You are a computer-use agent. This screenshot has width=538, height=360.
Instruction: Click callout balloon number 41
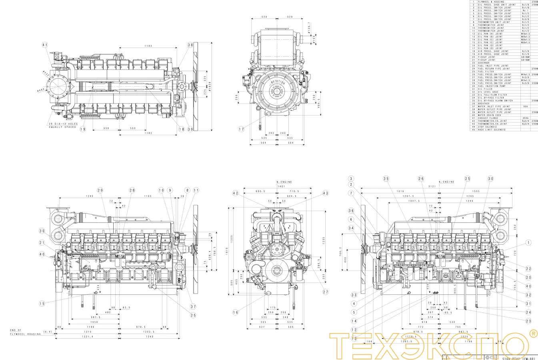[45, 45]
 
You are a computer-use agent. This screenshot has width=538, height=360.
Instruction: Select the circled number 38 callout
[190, 45]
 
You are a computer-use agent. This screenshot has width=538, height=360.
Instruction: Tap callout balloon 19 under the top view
[83, 129]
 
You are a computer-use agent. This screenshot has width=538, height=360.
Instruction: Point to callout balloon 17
[242, 129]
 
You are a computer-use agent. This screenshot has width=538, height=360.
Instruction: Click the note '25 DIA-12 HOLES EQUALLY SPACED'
[63, 126]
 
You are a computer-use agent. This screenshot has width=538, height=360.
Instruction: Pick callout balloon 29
[100, 190]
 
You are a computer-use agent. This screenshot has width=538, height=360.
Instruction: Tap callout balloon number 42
[236, 193]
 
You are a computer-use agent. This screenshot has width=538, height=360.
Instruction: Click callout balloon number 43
[325, 193]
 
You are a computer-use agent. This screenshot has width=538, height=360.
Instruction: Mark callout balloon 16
[236, 312]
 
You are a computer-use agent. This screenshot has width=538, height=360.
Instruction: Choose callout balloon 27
[326, 292]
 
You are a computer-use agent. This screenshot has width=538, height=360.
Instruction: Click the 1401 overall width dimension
[281, 186]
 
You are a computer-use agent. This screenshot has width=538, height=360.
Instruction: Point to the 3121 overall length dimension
[439, 186]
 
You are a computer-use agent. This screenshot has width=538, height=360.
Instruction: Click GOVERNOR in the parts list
[484, 63]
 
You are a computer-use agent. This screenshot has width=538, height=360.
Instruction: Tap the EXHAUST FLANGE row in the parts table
[488, 118]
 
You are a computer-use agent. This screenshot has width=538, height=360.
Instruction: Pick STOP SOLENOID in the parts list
[487, 127]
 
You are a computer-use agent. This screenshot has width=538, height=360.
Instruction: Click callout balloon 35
[386, 179]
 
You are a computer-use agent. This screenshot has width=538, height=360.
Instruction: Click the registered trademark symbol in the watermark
[533, 334]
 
